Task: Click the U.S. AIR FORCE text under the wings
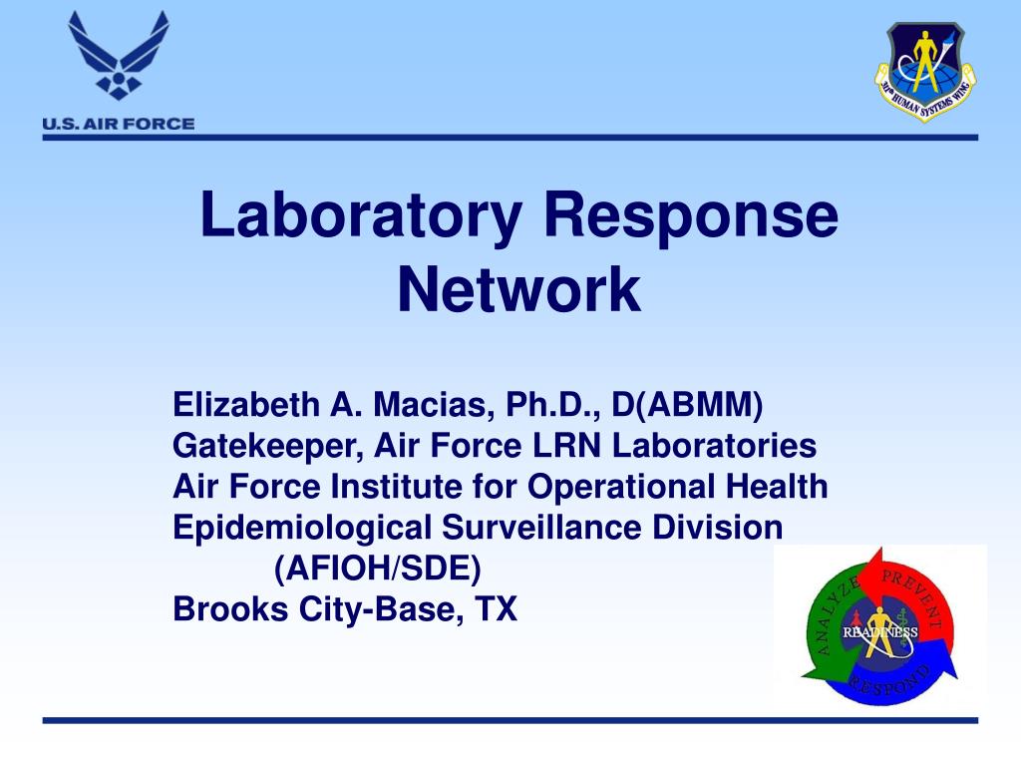(118, 124)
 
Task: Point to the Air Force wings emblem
(119, 55)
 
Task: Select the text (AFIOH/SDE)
(377, 569)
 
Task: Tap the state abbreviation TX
(496, 608)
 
